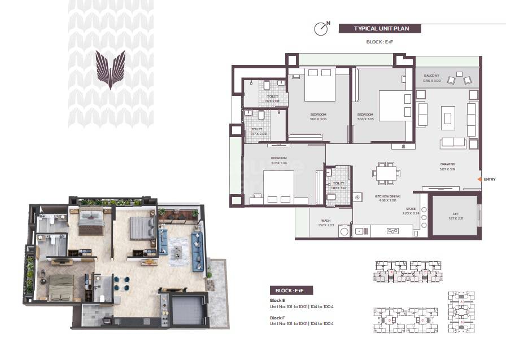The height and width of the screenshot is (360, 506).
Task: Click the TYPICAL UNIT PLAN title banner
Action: click(x=378, y=28)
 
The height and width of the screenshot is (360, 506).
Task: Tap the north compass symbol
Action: click(x=321, y=28)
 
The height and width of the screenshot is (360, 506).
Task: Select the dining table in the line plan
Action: click(x=386, y=173)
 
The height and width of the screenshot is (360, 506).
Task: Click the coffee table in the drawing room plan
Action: click(x=448, y=118)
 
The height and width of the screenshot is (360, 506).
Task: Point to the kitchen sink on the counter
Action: click(x=391, y=230)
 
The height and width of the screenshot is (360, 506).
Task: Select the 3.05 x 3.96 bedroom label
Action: click(x=278, y=160)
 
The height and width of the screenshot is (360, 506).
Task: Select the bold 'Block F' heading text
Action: click(x=277, y=318)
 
